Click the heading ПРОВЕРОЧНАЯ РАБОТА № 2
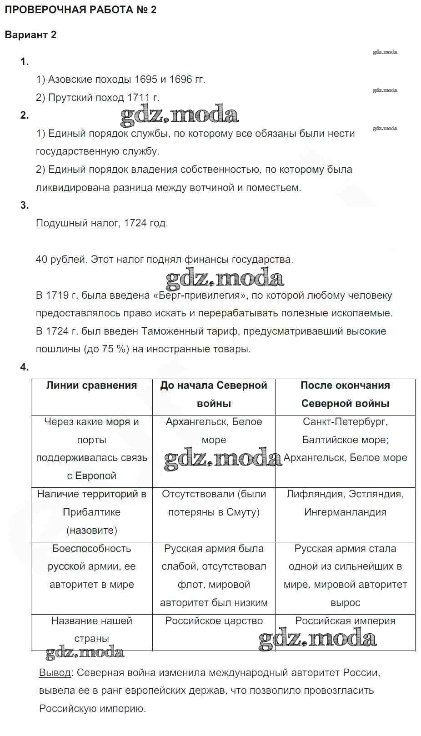point(80,10)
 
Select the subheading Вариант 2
point(30,35)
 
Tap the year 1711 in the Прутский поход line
point(139,97)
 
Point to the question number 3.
point(25,205)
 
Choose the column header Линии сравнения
point(91,386)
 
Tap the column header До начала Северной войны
point(214,394)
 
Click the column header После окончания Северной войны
point(345,394)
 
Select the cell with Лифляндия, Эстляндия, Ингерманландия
point(345,503)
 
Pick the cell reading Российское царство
point(214,621)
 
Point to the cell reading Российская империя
point(345,621)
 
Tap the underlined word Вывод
point(55,673)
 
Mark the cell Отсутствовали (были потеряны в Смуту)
point(214,503)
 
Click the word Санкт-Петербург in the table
point(345,422)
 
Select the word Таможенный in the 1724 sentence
point(168,331)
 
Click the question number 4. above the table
point(25,367)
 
